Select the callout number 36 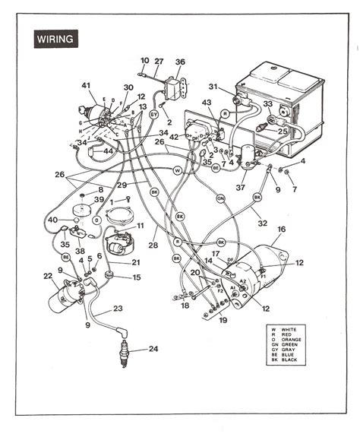[x=180, y=62]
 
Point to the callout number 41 [x=86, y=85]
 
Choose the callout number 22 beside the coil [x=47, y=276]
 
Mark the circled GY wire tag [x=153, y=113]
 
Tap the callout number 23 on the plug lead [x=118, y=308]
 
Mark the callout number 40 [x=52, y=220]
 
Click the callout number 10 [x=144, y=60]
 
